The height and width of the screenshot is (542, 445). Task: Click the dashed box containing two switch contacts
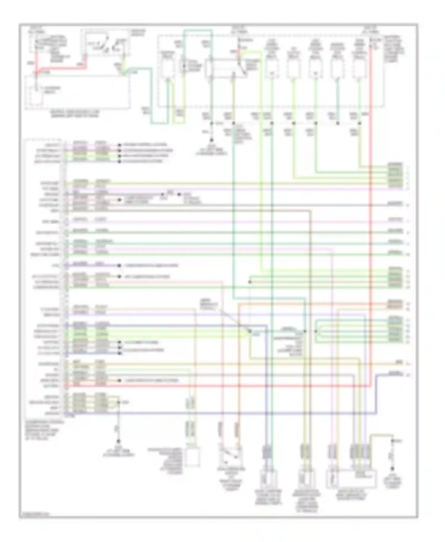tap(107, 43)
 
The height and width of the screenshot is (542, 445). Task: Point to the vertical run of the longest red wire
tap(371, 208)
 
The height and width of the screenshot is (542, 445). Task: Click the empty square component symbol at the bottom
tap(193, 457)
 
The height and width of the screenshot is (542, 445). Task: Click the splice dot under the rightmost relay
tap(360, 123)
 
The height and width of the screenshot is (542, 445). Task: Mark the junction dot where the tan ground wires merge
tap(118, 402)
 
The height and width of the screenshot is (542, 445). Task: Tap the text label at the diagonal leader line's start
tap(209, 304)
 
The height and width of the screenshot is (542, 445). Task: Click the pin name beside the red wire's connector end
tap(51, 386)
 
